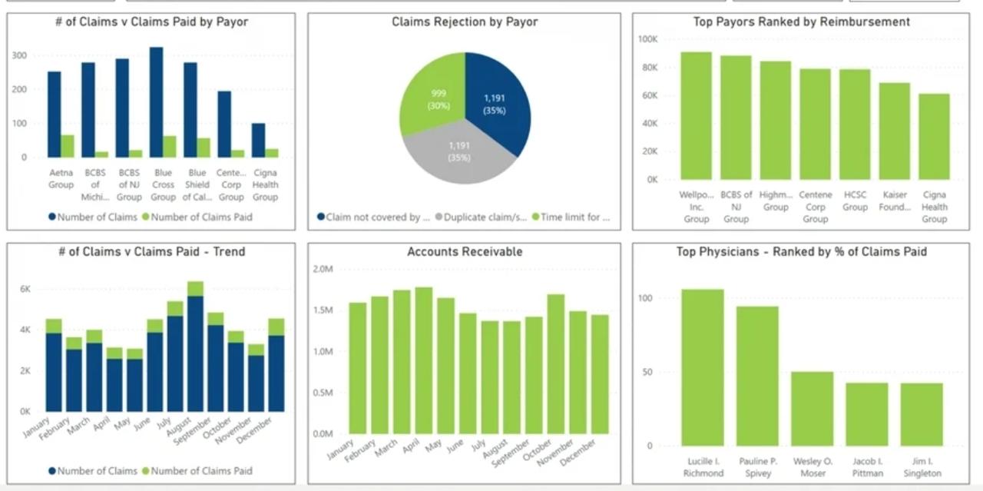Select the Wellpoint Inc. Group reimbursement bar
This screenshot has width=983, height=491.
pos(696,115)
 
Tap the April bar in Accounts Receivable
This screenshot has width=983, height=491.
pos(424,360)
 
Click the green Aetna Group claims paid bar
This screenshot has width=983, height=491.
pos(68,146)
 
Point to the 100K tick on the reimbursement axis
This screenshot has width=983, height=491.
pos(647,39)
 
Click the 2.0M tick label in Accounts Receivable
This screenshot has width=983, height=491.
pos(323,269)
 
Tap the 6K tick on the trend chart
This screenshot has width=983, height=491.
pos(25,289)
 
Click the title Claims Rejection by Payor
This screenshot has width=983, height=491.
pos(465,22)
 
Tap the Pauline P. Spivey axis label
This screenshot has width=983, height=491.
pos(757,467)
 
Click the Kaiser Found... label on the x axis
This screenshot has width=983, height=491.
pos(894,201)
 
